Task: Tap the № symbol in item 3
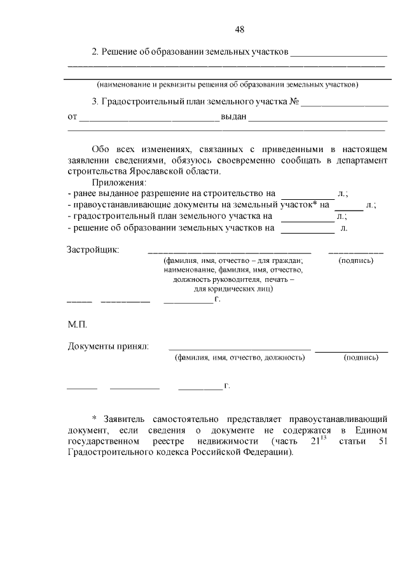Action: [294, 101]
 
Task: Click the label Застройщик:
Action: [93, 249]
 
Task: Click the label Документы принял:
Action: [108, 346]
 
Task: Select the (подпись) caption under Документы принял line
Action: [361, 358]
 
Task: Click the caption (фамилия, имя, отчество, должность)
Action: [240, 358]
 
